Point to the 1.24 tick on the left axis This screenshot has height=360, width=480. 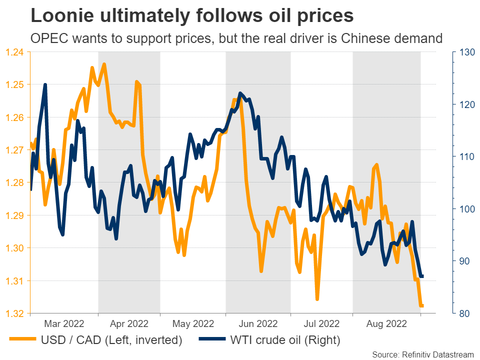(x=15, y=51)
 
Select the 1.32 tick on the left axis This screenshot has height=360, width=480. (x=15, y=313)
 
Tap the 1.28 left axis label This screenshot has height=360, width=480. (x=15, y=182)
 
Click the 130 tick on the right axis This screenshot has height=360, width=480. (x=460, y=51)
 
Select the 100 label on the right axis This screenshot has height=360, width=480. (x=460, y=208)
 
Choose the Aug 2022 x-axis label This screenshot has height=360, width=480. (x=386, y=323)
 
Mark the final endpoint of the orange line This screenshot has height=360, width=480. (x=422, y=305)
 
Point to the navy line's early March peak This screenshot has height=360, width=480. (x=45, y=85)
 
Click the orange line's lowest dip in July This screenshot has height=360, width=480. (x=317, y=299)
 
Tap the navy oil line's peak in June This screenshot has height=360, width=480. (x=240, y=93)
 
